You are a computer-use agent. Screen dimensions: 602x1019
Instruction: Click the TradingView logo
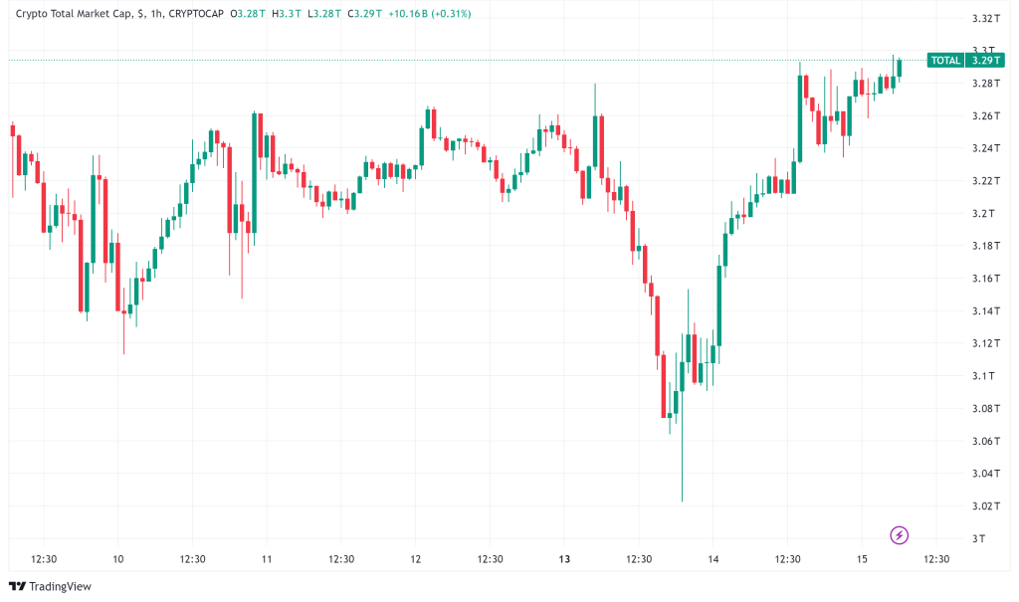tap(52, 586)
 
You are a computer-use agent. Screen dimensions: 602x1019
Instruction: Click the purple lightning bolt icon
tap(900, 535)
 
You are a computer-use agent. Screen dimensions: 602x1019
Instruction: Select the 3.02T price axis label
tap(982, 506)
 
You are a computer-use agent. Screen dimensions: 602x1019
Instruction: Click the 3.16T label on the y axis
tap(982, 279)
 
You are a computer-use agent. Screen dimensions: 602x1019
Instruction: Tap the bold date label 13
tap(564, 559)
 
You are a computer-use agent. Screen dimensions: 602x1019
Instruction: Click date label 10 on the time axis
tap(118, 559)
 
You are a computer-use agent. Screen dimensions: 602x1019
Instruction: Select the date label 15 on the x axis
tap(861, 559)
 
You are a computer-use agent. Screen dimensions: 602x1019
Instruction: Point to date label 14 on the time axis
tap(713, 559)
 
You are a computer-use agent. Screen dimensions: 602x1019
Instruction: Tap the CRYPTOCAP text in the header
tap(200, 15)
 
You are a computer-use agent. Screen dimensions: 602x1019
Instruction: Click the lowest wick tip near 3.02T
tap(682, 501)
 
